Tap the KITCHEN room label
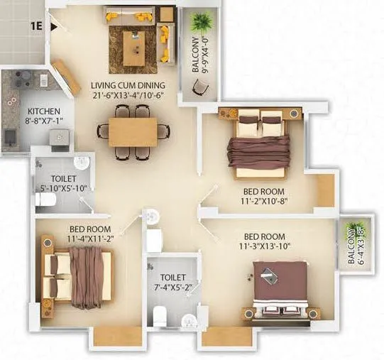(x=43, y=111)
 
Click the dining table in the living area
(x=133, y=131)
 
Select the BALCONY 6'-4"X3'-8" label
(x=352, y=245)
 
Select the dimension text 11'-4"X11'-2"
(x=89, y=239)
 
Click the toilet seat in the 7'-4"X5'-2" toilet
(x=160, y=315)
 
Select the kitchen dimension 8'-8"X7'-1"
(x=43, y=121)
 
